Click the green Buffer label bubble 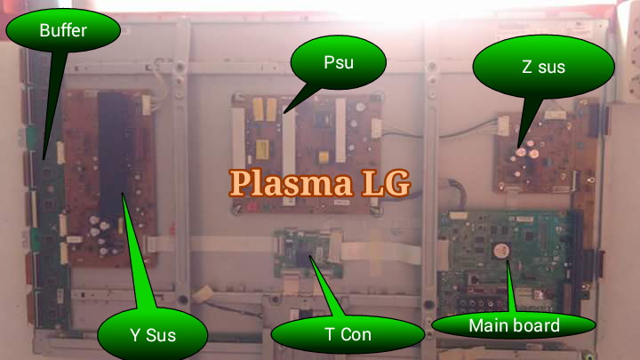(x=62, y=31)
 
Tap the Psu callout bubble (x=337, y=63)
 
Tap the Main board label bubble (x=514, y=325)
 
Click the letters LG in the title (x=385, y=182)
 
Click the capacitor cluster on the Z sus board (x=528, y=150)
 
